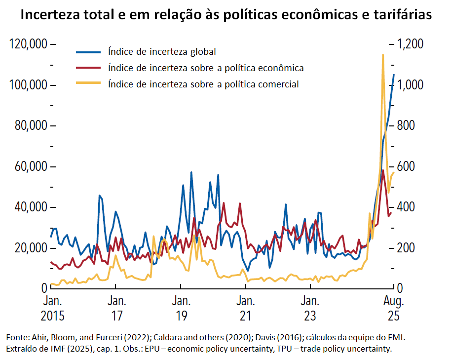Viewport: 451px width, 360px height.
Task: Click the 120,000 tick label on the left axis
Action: tap(29, 44)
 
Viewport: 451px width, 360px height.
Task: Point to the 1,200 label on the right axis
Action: tap(413, 44)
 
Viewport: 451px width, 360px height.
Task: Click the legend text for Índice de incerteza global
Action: tap(162, 51)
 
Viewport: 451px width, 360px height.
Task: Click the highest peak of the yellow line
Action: tap(383, 55)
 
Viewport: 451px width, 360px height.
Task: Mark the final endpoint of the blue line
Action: tap(394, 75)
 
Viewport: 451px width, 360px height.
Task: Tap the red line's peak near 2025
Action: tap(383, 170)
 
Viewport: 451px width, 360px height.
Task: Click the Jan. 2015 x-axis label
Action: tap(51, 308)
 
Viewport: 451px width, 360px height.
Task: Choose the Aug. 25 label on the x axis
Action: tap(394, 308)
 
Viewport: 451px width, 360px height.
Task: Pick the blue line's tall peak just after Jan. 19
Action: tap(191, 172)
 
